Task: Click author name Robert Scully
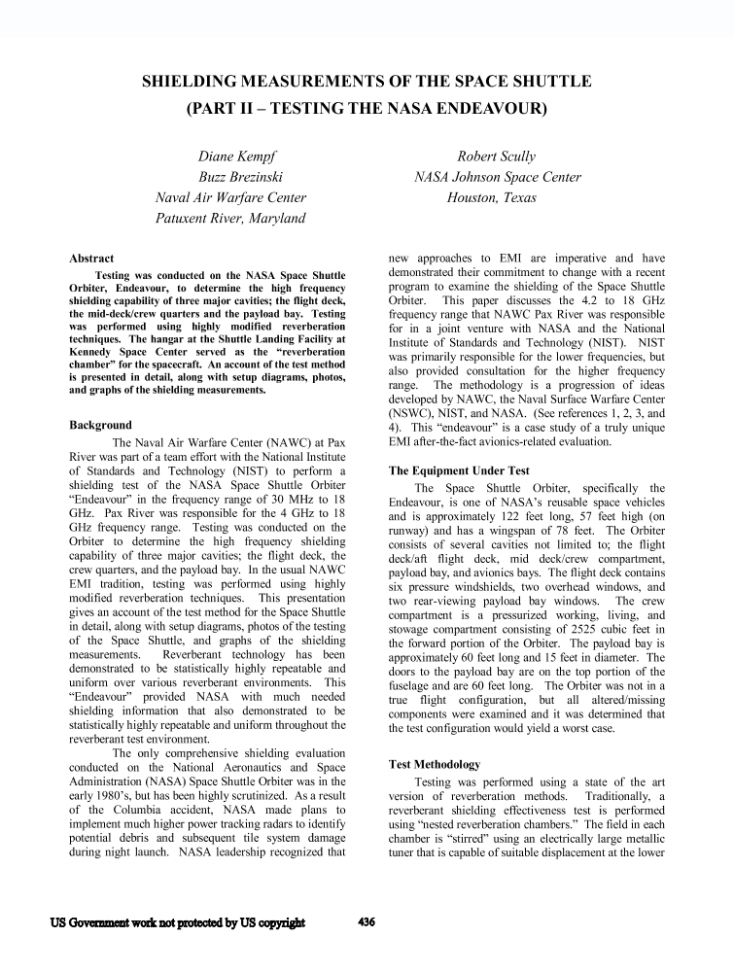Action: tap(496, 156)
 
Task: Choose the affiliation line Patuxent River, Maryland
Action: tap(231, 218)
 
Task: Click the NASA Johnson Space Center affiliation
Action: tap(498, 177)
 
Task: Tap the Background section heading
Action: tap(101, 425)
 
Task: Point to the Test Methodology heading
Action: tap(435, 764)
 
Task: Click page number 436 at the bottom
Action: tap(367, 922)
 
